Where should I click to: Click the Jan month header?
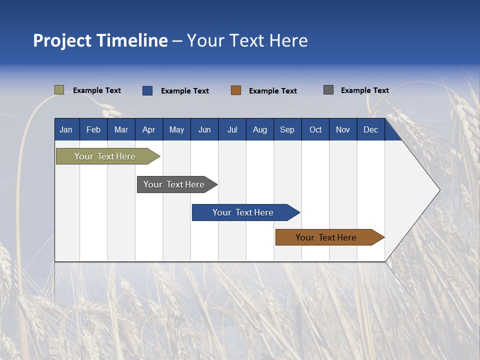tap(66, 129)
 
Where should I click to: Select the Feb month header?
tap(93, 129)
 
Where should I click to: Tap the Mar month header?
tap(121, 129)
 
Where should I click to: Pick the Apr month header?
tap(149, 129)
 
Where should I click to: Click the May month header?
tap(176, 129)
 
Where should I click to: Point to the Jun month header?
tap(204, 129)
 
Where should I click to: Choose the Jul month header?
tap(232, 129)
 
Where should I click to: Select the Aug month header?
tap(260, 129)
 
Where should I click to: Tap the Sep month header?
tap(287, 129)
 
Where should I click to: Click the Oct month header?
tap(315, 129)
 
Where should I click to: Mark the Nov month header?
tap(343, 129)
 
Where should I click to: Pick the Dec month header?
tap(371, 129)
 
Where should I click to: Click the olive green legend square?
tap(59, 90)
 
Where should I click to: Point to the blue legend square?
tap(147, 90)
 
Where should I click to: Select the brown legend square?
tap(236, 90)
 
